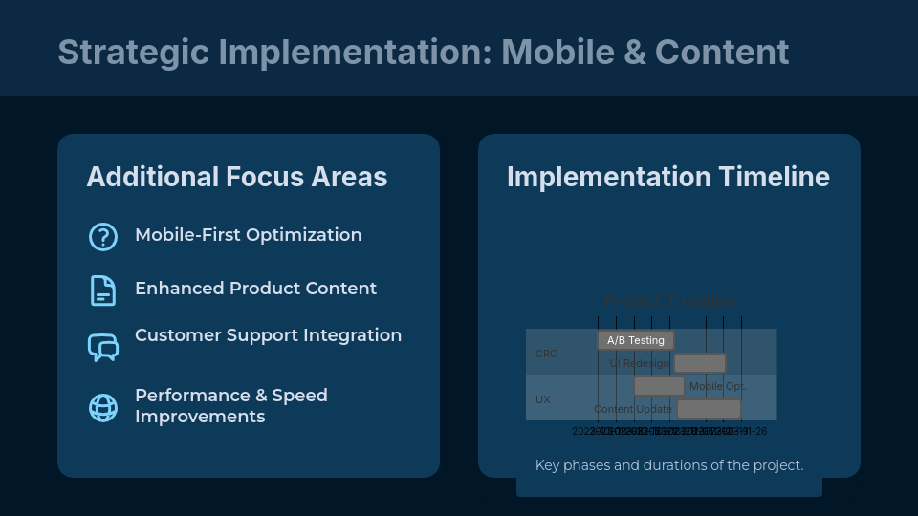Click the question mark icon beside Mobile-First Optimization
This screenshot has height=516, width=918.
point(102,236)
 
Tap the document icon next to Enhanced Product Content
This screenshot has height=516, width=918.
point(102,290)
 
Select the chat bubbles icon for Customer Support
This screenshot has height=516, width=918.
point(102,347)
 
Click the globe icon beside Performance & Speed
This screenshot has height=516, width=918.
point(102,407)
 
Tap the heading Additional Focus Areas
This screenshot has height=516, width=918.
point(237,177)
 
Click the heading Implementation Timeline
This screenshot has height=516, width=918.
point(668,177)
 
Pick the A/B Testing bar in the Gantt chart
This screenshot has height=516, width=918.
point(636,340)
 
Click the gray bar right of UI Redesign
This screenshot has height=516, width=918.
point(700,363)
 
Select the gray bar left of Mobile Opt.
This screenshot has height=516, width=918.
point(659,386)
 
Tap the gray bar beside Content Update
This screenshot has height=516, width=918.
point(709,409)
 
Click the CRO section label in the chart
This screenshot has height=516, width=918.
point(546,354)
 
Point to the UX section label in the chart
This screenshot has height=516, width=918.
point(543,399)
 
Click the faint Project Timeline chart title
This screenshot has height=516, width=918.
point(669,301)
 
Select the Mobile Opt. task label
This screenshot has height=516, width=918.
point(717,386)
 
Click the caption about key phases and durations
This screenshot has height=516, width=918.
point(669,465)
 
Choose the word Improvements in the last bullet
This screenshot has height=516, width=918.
point(200,417)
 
